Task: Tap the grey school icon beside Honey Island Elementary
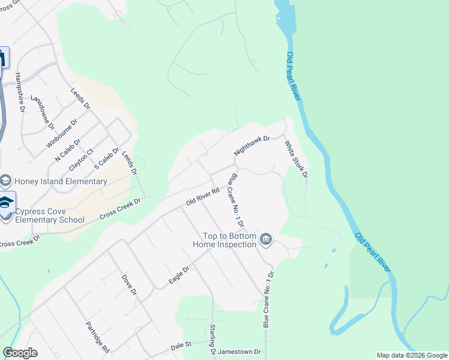coord(6,181)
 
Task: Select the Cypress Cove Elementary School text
coord(49,215)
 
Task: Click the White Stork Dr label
coord(296,160)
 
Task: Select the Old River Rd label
coord(202,197)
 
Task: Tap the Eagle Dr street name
coord(179,275)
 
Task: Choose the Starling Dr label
coord(212,339)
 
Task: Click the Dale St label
coord(180,345)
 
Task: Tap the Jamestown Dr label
coord(240,352)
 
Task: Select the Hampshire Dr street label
coord(19,92)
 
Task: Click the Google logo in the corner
coord(20,353)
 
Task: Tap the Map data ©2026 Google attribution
coord(412,355)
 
